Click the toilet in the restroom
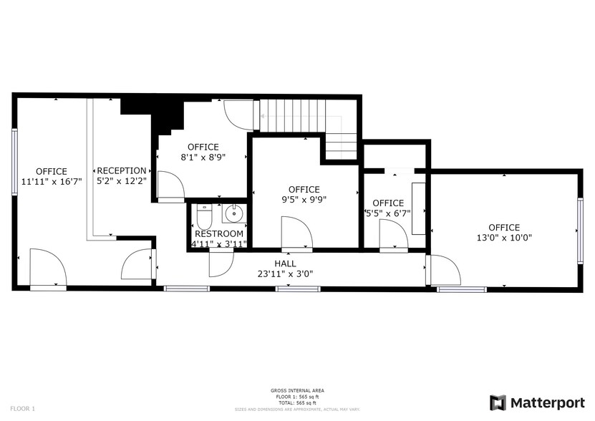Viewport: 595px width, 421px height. coord(203,215)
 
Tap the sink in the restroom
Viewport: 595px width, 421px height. coord(233,213)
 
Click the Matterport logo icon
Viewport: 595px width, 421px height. coord(498,402)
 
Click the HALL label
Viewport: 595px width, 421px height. coord(286,263)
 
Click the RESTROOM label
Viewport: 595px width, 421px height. coord(219,233)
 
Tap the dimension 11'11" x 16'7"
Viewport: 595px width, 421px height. coord(52,181)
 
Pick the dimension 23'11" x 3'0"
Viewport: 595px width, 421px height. coord(286,273)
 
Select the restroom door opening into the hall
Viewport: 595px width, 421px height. coord(220,263)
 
